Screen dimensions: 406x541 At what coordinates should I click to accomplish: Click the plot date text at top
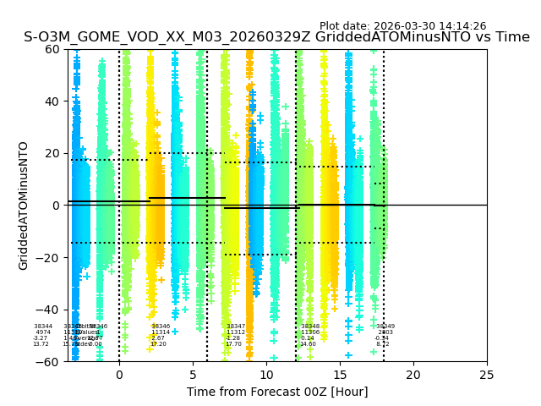click(402, 26)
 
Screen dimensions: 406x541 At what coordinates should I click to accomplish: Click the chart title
click(276, 37)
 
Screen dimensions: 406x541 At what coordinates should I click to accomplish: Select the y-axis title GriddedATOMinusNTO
click(24, 206)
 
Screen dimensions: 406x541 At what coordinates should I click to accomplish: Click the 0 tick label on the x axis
click(119, 375)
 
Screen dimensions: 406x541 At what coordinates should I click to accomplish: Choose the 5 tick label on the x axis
click(193, 375)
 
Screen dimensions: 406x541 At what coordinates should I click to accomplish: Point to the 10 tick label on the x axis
click(266, 375)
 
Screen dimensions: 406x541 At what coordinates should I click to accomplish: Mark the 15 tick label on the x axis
click(340, 375)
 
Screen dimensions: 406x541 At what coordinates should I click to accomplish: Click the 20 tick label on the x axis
click(413, 375)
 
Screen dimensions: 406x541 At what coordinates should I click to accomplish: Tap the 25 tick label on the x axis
click(487, 375)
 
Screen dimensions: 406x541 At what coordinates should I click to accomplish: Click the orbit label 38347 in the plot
click(236, 326)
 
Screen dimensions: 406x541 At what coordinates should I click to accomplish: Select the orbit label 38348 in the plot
click(310, 326)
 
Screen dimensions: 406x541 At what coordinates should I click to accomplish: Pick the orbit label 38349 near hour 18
click(385, 326)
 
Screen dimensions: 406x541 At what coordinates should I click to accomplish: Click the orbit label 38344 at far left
click(43, 326)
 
